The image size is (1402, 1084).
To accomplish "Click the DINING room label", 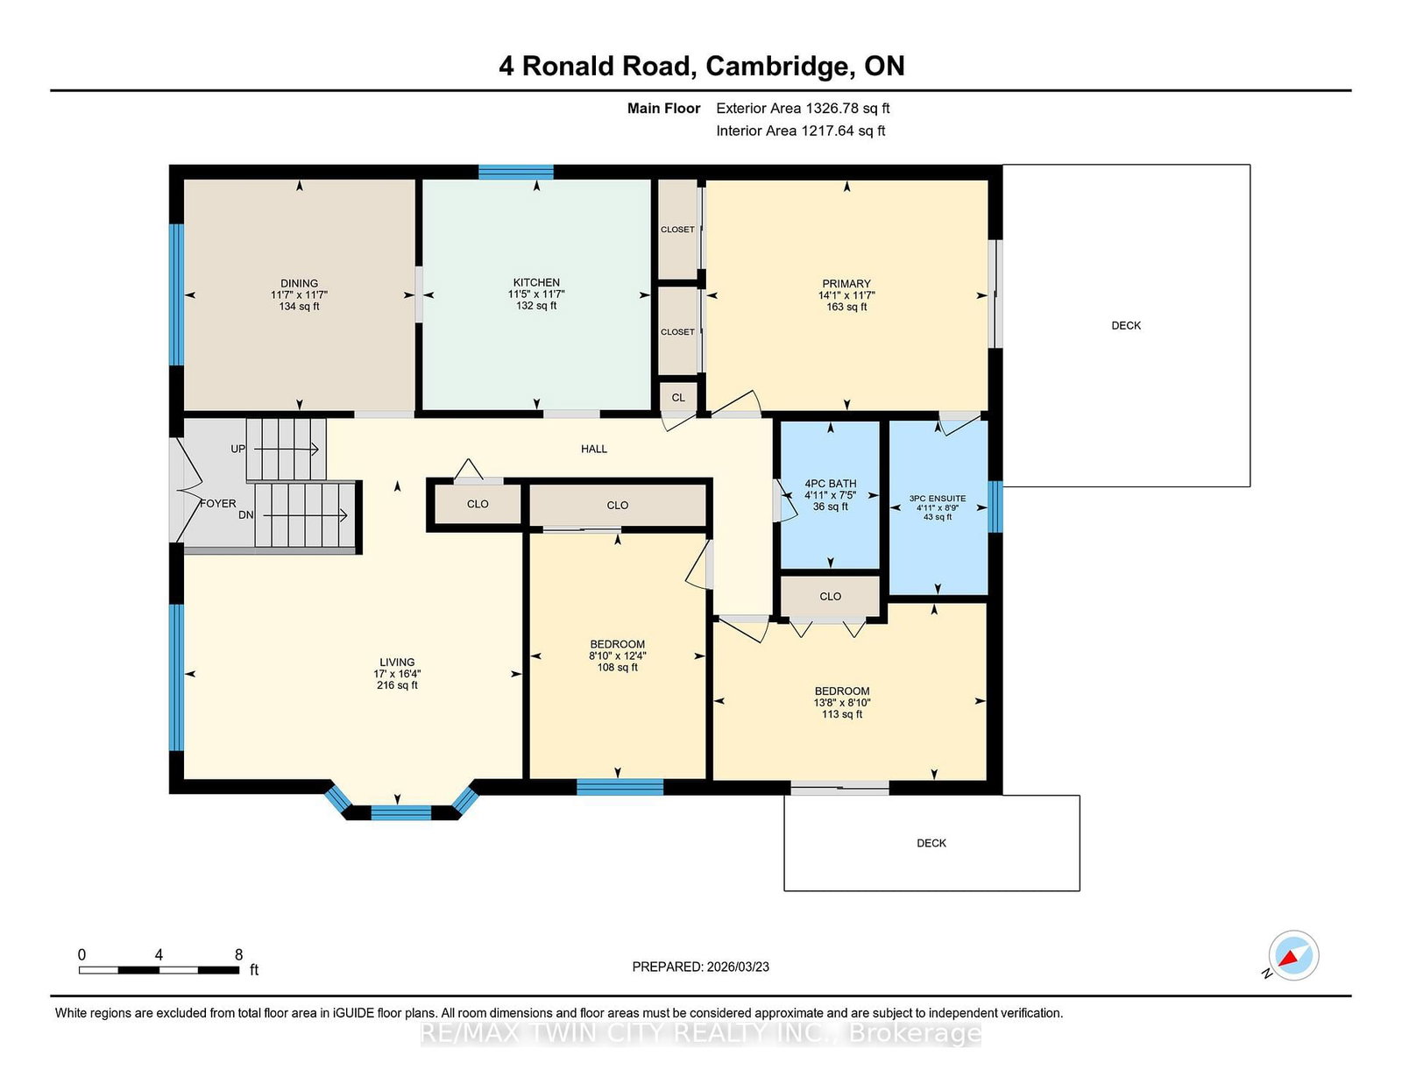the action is (x=299, y=283).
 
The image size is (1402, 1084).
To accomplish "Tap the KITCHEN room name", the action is (x=536, y=283).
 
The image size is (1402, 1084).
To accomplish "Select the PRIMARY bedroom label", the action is (x=846, y=284).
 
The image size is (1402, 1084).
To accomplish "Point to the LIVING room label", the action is (x=397, y=662).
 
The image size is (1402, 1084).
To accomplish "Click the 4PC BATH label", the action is (x=831, y=483).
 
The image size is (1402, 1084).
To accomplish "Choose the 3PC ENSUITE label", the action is (x=938, y=498).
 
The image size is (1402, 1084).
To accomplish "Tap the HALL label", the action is (x=593, y=449).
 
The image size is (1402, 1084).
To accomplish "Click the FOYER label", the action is (x=218, y=503).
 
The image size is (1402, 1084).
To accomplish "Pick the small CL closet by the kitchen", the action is (x=678, y=398).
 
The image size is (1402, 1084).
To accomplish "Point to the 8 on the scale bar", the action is (x=238, y=954).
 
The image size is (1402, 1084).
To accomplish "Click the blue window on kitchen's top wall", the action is (x=515, y=172).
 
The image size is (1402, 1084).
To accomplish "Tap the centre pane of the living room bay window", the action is (x=400, y=812).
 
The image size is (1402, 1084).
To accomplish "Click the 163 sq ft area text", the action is (x=846, y=307).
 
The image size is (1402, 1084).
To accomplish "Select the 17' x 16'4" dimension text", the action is (x=397, y=674).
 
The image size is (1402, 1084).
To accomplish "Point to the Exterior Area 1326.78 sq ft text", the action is (x=803, y=109).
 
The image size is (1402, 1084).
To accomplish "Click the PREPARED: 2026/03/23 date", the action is (x=701, y=967).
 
